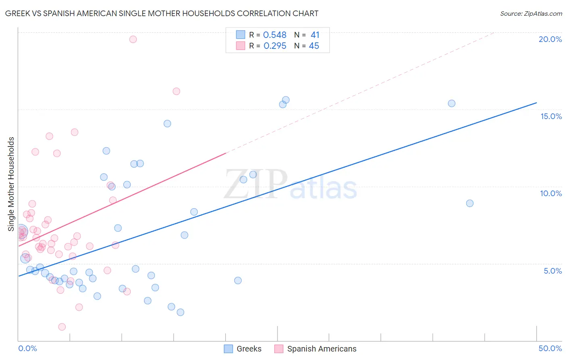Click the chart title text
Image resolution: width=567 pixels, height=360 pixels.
tap(162, 13)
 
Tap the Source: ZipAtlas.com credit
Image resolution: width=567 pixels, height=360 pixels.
tap(531, 13)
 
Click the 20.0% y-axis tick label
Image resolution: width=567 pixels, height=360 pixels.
tap(550, 39)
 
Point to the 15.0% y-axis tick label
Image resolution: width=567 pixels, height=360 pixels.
tap(551, 116)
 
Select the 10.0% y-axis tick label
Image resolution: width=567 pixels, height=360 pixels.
tap(551, 193)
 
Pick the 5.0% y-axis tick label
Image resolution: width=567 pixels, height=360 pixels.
tap(552, 271)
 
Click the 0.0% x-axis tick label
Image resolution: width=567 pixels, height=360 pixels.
tap(27, 348)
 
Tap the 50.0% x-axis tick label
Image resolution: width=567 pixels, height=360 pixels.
tap(550, 348)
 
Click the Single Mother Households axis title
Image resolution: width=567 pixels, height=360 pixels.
tap(11, 184)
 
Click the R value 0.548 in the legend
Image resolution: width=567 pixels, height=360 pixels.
tap(275, 35)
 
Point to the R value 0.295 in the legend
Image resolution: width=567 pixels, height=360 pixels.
tap(275, 46)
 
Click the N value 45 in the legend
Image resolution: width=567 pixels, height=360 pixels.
tap(314, 46)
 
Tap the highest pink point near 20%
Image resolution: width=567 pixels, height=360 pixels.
tap(133, 39)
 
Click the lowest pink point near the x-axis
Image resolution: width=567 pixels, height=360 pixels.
tap(62, 327)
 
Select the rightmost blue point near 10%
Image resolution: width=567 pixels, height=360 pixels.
tap(470, 203)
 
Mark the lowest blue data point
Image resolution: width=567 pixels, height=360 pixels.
tap(180, 312)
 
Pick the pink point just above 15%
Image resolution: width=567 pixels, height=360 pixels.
tap(176, 91)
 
